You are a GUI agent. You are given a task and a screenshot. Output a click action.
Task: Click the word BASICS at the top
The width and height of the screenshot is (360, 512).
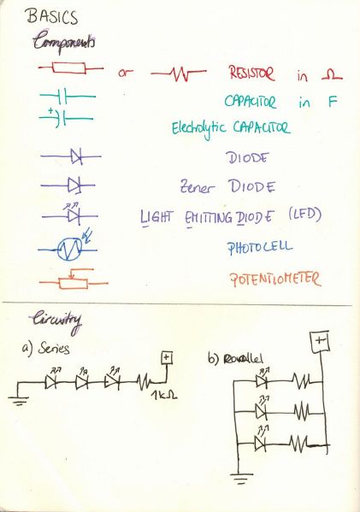point(53,17)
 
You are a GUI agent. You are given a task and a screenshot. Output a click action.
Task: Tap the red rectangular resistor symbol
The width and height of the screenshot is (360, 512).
point(69,68)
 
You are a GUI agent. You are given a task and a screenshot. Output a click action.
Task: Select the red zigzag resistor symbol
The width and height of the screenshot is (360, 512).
point(179,74)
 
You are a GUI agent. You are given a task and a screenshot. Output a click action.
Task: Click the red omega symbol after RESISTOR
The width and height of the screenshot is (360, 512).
point(332,76)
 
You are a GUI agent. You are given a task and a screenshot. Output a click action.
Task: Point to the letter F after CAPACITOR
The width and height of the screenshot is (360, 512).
point(333,103)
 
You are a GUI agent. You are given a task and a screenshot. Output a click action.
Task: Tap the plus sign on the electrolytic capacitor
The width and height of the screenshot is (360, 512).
point(50,111)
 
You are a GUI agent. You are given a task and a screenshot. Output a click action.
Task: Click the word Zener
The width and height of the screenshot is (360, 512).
point(198,187)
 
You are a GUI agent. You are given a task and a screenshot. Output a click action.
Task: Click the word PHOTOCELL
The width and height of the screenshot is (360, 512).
point(260,247)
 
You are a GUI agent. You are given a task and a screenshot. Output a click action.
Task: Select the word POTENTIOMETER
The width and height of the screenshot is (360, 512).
point(275,280)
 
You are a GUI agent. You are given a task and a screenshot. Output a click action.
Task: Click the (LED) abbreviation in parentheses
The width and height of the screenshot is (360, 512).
point(305,215)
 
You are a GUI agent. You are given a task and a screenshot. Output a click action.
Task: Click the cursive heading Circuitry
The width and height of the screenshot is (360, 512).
point(56,321)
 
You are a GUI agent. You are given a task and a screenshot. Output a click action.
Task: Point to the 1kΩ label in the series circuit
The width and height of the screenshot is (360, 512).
point(164,396)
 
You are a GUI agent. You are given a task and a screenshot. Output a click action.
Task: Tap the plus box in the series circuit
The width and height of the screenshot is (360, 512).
point(167,357)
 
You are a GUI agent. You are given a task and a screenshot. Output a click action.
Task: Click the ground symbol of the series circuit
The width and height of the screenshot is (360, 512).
point(19,400)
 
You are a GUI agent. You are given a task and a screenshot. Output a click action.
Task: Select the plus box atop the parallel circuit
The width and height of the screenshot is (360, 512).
point(321,342)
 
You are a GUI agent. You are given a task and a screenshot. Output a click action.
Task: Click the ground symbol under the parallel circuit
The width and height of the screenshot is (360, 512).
point(241,479)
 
